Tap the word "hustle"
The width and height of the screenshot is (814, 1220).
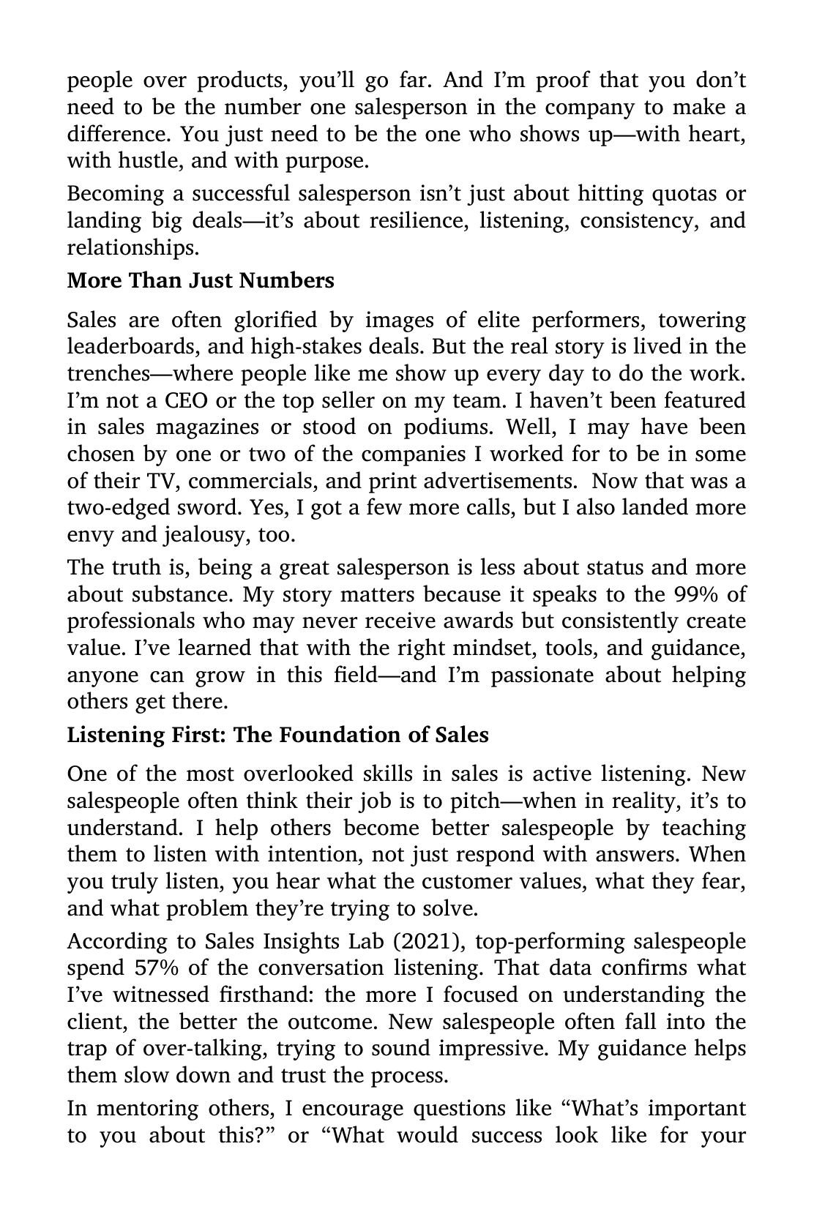146,160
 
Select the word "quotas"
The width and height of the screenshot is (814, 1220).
677,193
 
